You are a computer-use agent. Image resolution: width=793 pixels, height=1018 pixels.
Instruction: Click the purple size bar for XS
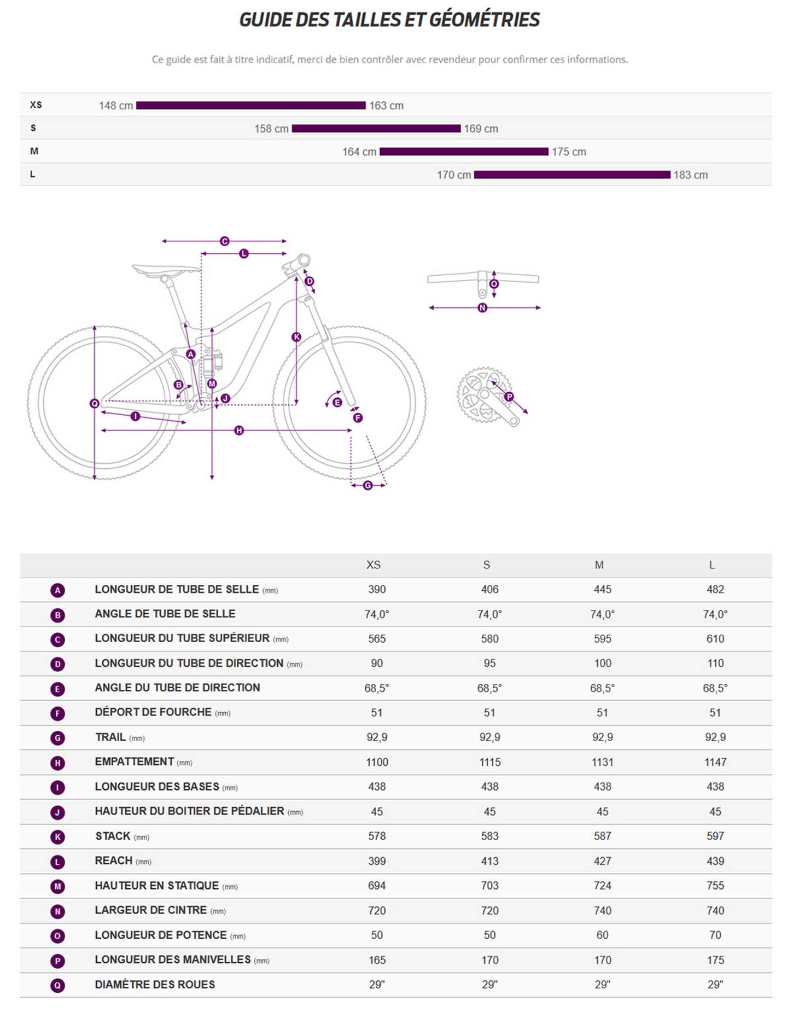(250, 106)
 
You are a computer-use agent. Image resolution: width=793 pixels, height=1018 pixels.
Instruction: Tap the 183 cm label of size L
(690, 175)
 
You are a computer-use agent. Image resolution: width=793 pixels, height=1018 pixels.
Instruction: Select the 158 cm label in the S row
(271, 129)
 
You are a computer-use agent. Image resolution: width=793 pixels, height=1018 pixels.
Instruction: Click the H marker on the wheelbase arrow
(239, 431)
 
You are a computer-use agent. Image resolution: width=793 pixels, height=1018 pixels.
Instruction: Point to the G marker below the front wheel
(368, 485)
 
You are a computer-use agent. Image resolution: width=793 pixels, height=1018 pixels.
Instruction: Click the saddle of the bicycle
(166, 269)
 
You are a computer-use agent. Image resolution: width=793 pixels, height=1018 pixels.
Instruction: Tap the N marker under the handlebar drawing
(482, 308)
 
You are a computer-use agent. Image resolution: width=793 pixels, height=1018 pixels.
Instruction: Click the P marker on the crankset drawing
(509, 397)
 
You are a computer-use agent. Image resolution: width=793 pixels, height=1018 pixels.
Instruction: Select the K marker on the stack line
(296, 337)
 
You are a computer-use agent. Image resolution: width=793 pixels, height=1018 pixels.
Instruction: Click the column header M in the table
(599, 565)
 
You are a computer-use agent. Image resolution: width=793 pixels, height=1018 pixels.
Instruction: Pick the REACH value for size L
(715, 861)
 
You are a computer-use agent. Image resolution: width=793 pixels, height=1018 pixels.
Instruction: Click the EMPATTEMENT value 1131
(602, 762)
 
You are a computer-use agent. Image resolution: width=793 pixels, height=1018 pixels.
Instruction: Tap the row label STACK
(113, 836)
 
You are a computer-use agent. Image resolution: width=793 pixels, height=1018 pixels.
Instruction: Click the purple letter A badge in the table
(57, 590)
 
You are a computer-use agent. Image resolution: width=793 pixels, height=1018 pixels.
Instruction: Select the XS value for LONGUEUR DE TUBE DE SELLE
(377, 590)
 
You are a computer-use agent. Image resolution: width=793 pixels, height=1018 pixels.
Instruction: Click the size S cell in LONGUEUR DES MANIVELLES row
(489, 960)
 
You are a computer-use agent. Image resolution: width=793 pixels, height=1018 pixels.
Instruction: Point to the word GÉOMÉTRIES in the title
(484, 20)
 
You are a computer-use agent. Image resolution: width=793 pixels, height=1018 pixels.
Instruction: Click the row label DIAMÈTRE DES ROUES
(155, 985)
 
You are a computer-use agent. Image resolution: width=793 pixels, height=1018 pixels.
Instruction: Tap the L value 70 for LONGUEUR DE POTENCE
(715, 935)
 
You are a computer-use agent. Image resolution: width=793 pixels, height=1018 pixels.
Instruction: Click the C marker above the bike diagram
(224, 241)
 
